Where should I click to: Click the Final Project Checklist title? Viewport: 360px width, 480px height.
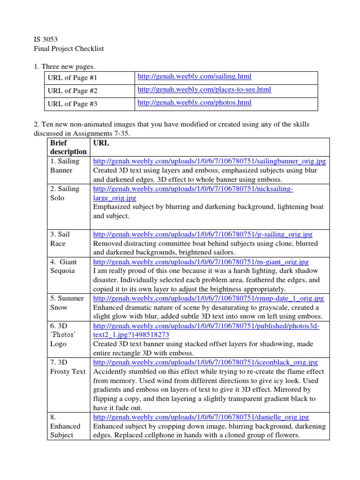(69, 49)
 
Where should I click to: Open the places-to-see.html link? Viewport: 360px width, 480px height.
(204, 89)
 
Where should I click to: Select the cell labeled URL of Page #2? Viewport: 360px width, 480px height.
(72, 90)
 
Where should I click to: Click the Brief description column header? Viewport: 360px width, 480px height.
(68, 147)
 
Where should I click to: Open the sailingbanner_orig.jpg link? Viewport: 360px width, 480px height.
(210, 161)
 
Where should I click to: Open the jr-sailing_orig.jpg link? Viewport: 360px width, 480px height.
(203, 234)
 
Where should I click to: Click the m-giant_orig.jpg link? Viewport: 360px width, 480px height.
(201, 262)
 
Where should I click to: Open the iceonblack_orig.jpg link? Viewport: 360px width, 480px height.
(205, 362)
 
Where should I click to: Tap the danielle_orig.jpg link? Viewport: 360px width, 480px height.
(201, 417)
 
